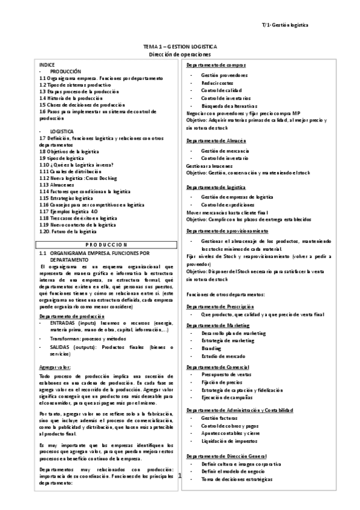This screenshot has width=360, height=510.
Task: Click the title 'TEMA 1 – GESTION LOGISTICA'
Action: click(x=180, y=46)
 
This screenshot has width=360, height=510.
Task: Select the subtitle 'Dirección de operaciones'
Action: click(x=180, y=54)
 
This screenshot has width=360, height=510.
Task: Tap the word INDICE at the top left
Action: click(x=47, y=64)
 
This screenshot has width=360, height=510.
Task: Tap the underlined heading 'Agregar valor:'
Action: click(x=55, y=366)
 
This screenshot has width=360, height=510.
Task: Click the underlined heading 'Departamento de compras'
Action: click(x=216, y=64)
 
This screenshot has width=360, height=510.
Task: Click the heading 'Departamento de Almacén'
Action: click(x=216, y=141)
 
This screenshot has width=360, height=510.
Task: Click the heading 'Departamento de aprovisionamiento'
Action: click(x=227, y=230)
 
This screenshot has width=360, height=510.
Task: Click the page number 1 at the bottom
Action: click(x=180, y=475)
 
